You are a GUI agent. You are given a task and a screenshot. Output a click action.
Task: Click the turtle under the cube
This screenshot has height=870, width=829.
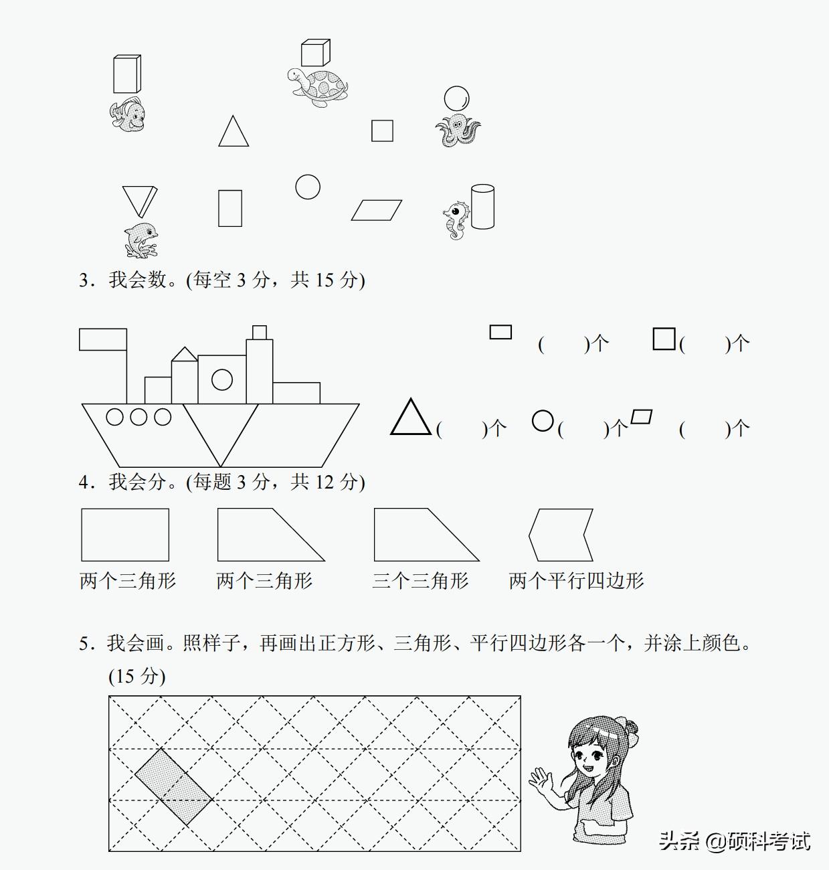click(318, 86)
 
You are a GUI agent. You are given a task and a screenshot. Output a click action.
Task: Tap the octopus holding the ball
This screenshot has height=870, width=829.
click(458, 129)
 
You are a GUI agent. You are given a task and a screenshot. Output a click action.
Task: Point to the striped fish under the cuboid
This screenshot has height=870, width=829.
click(127, 114)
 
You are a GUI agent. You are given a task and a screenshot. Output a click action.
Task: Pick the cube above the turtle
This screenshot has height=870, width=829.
click(315, 53)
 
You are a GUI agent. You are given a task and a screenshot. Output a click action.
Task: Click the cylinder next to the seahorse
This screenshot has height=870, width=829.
click(482, 207)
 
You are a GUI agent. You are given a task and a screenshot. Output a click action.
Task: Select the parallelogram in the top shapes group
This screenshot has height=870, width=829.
click(377, 210)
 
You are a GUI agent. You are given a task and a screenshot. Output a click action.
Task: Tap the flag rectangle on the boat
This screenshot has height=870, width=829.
click(103, 339)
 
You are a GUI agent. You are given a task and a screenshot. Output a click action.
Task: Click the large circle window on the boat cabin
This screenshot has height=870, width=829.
click(222, 380)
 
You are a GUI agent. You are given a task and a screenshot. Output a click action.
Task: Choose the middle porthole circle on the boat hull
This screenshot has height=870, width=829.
click(139, 417)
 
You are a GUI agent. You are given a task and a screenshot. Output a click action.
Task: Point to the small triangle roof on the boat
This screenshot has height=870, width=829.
click(184, 354)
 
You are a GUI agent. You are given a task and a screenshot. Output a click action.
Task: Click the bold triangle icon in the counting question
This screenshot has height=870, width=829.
click(410, 418)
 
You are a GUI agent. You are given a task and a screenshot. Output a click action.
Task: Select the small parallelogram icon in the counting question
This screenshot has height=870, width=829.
click(642, 417)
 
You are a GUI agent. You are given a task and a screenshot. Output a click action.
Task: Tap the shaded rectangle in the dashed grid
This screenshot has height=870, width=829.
click(174, 787)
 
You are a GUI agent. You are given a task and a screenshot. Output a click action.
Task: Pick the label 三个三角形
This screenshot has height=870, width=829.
click(420, 580)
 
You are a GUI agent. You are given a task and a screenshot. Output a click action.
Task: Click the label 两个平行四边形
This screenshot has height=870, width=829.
click(576, 580)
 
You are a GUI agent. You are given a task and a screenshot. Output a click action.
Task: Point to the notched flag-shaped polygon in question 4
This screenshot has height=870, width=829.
click(561, 535)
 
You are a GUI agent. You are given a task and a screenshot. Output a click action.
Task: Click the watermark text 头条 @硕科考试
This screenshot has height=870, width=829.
click(735, 841)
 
